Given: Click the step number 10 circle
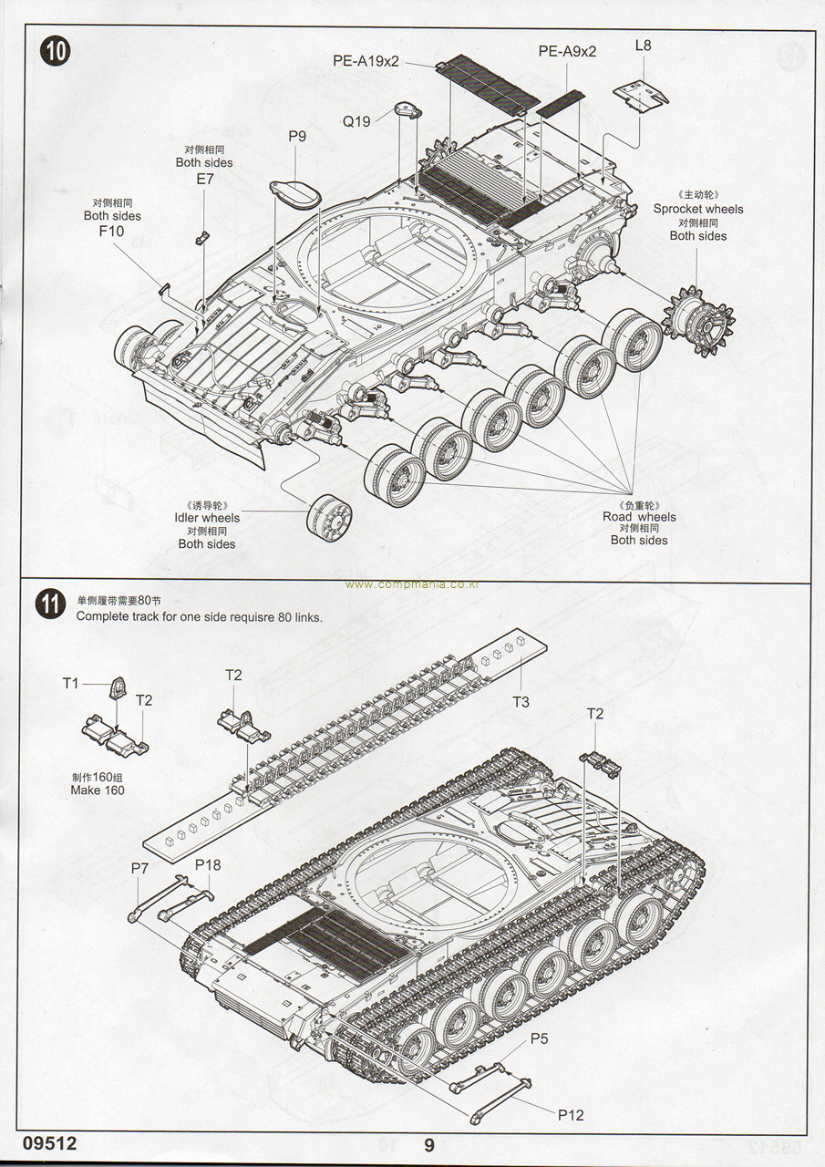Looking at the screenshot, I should coord(54,52).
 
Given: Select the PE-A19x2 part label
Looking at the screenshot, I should coord(366,62).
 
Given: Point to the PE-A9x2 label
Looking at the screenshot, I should coord(567,51).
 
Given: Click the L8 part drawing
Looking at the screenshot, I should coord(641,92).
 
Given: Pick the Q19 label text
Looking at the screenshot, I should coord(356,120).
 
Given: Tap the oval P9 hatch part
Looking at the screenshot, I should coord(295,192).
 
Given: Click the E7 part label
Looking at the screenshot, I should coord(205,179).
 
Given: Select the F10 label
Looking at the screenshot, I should coord(111,232).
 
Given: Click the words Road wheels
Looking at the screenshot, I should coord(639,517).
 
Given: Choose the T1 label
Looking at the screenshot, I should coord(71,683).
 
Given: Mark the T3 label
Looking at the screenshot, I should coord(521,701).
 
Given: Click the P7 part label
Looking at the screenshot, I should coord(139,868).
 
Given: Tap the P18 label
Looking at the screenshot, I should coord(208,864).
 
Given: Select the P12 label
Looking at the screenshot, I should coord(571,1114).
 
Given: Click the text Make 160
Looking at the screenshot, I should coord(98,790).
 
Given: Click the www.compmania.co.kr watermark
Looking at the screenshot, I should coord(412,584).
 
